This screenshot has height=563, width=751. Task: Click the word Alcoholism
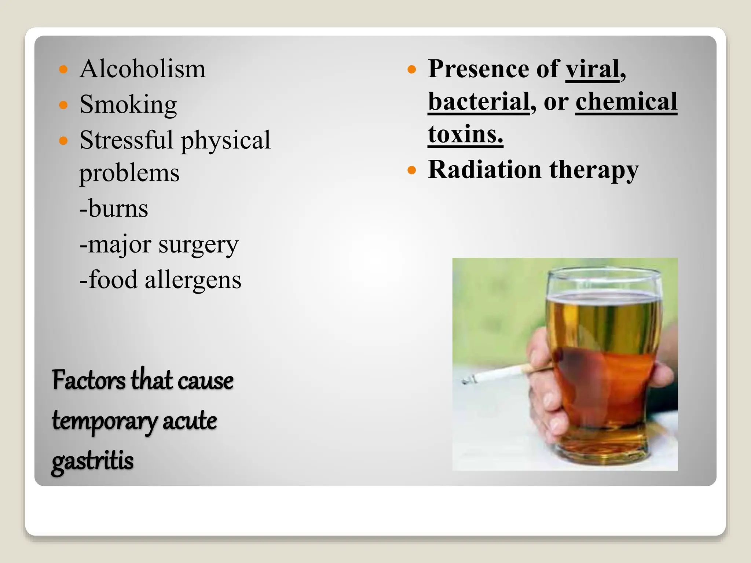coord(142,69)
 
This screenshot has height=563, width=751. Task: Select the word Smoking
coord(128,105)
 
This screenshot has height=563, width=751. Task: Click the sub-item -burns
coord(114,209)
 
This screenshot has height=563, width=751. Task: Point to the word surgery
coord(198,245)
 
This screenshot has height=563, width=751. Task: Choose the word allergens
coord(193,280)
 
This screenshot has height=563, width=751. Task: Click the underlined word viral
coord(592,69)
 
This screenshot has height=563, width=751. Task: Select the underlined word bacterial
coord(479,102)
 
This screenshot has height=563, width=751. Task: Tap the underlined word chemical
coord(626,102)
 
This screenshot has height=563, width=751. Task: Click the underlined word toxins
coord(465,134)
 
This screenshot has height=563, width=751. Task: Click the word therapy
coord(594,170)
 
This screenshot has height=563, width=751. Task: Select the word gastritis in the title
coord(92,461)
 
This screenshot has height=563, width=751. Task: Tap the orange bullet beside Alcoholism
coord(63,69)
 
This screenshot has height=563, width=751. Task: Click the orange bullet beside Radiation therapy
coord(412,170)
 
